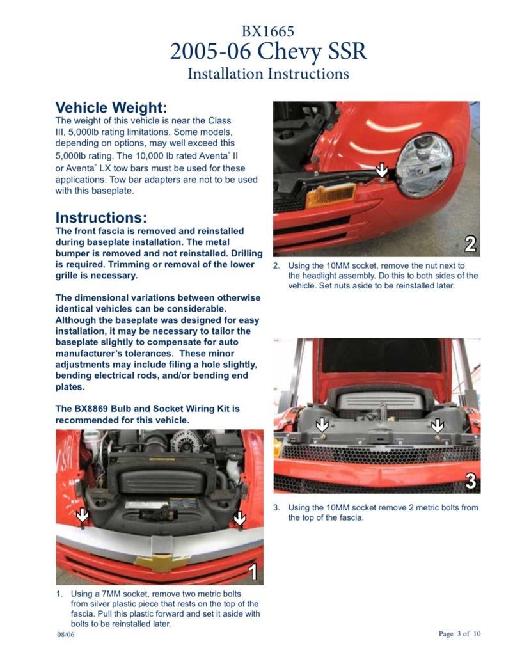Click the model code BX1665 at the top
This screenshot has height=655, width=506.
tap(267, 31)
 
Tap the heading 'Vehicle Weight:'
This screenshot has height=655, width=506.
tap(111, 107)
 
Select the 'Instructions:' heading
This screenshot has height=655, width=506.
tap(101, 217)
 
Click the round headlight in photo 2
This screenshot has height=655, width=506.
tap(424, 165)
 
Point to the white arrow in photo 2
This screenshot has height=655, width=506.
tap(381, 170)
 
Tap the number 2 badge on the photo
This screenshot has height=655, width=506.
tap(470, 244)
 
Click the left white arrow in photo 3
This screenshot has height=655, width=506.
tap(322, 425)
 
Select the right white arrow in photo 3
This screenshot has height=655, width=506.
tap(438, 425)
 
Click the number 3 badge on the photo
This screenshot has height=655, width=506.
tap(470, 481)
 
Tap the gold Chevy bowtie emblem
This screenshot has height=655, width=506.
tap(161, 563)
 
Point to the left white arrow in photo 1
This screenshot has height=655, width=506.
tap(83, 515)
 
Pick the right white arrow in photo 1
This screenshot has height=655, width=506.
tap(239, 518)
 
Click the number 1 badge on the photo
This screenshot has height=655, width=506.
tap(253, 571)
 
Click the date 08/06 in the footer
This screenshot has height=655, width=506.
tap(66, 635)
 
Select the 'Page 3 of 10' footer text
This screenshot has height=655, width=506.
tap(459, 633)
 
